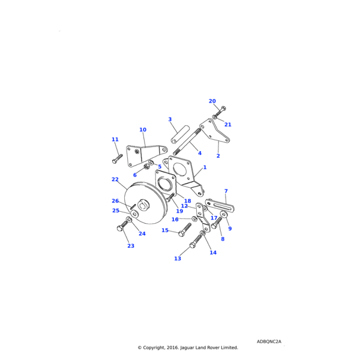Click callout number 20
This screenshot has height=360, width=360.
click(x=212, y=101)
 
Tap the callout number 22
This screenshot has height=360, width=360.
click(x=115, y=179)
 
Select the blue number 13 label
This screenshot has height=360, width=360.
click(x=178, y=259)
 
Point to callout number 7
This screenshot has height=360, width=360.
click(x=226, y=191)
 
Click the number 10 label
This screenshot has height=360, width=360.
click(x=143, y=130)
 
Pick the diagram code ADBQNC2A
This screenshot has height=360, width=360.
click(x=269, y=341)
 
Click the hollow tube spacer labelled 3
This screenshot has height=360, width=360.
click(x=180, y=134)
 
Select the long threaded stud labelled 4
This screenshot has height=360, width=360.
click(x=188, y=142)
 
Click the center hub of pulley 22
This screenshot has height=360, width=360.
click(x=144, y=205)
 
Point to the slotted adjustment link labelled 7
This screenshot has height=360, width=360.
click(x=220, y=206)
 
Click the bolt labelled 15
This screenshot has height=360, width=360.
click(x=185, y=230)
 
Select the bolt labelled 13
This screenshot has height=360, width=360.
click(x=196, y=241)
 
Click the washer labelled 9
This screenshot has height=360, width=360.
click(x=223, y=214)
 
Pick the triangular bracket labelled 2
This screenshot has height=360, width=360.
click(x=214, y=131)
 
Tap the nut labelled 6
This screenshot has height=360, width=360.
click(x=146, y=166)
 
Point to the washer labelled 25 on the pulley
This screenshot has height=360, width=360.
click(x=134, y=214)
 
